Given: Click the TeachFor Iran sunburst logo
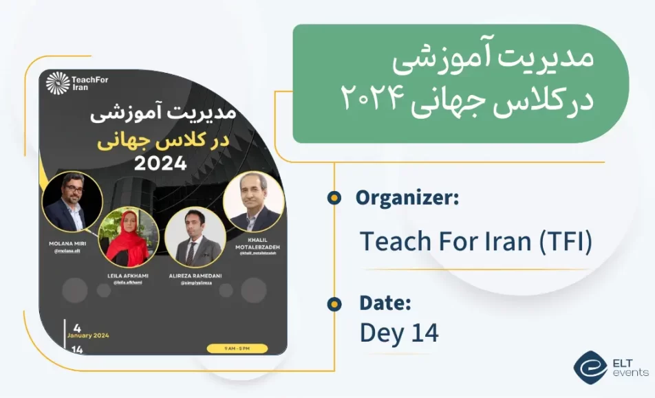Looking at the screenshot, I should tap(58, 83).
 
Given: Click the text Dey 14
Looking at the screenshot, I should tap(399, 333).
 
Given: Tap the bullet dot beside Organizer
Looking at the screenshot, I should tap(334, 199).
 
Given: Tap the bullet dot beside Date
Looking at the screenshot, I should tap(334, 303).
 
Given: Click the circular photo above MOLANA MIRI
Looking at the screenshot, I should tap(72, 202).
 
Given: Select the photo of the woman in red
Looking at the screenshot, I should tap(129, 237).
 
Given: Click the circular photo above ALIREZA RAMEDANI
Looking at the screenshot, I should tap(195, 238).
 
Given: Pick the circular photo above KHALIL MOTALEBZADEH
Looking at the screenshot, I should tap(254, 202).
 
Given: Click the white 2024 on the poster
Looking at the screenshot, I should tap(160, 164).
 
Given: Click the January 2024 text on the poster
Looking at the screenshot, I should tap(87, 335).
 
